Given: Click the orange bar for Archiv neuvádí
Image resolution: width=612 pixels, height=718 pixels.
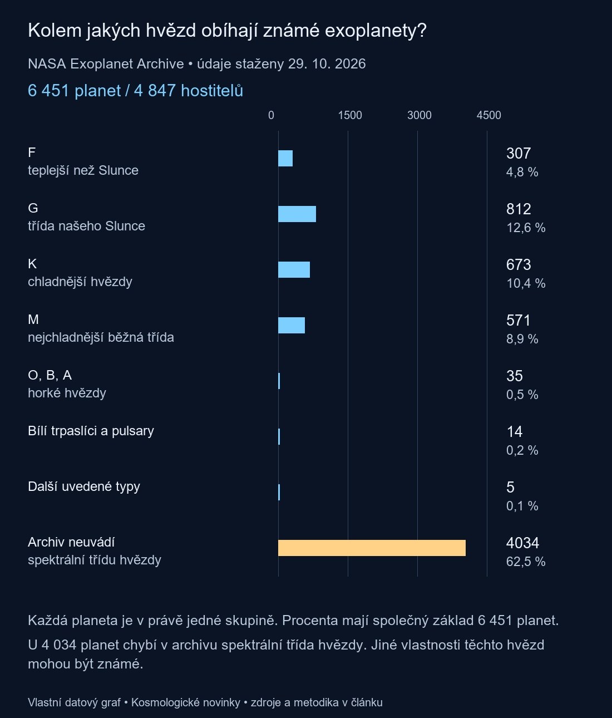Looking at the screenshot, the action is pyautogui.click(x=372, y=548).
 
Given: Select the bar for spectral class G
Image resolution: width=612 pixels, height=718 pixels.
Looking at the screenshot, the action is pyautogui.click(x=297, y=214).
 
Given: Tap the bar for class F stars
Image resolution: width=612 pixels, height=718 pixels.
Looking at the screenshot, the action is pyautogui.click(x=285, y=159).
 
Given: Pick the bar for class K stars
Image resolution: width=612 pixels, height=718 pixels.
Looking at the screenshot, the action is pyautogui.click(x=294, y=269).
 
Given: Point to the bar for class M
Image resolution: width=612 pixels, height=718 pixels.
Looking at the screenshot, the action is pyautogui.click(x=292, y=325).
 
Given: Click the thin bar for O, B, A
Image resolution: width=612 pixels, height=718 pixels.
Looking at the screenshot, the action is pyautogui.click(x=279, y=381).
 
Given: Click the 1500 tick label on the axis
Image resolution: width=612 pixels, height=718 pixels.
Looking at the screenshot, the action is pyautogui.click(x=350, y=115).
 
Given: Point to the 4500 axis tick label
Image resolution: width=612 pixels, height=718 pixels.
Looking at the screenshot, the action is pyautogui.click(x=489, y=115).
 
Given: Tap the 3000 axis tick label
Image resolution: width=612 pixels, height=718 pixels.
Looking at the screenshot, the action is pyautogui.click(x=419, y=115).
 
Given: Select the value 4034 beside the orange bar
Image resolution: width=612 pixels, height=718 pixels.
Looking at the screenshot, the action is pyautogui.click(x=522, y=543).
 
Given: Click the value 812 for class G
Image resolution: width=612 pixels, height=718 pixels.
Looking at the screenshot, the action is pyautogui.click(x=519, y=209).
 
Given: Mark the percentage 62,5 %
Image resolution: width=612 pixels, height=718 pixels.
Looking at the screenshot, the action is pyautogui.click(x=526, y=562).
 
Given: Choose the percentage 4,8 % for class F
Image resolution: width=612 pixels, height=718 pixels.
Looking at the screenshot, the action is pyautogui.click(x=522, y=173).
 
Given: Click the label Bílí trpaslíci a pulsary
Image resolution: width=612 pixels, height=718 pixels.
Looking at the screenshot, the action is pyautogui.click(x=91, y=431).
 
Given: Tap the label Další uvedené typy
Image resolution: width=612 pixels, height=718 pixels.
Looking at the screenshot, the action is pyautogui.click(x=83, y=486).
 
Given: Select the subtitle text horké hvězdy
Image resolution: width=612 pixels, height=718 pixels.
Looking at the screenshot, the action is pyautogui.click(x=67, y=393).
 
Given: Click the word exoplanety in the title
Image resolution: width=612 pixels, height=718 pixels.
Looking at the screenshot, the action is pyautogui.click(x=375, y=31).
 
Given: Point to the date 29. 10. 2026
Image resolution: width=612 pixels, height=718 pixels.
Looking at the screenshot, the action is pyautogui.click(x=327, y=64).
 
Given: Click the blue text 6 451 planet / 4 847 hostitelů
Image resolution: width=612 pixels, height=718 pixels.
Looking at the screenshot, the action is pyautogui.click(x=135, y=91).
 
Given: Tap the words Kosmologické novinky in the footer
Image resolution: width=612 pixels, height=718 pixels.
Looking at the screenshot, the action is pyautogui.click(x=185, y=702).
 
